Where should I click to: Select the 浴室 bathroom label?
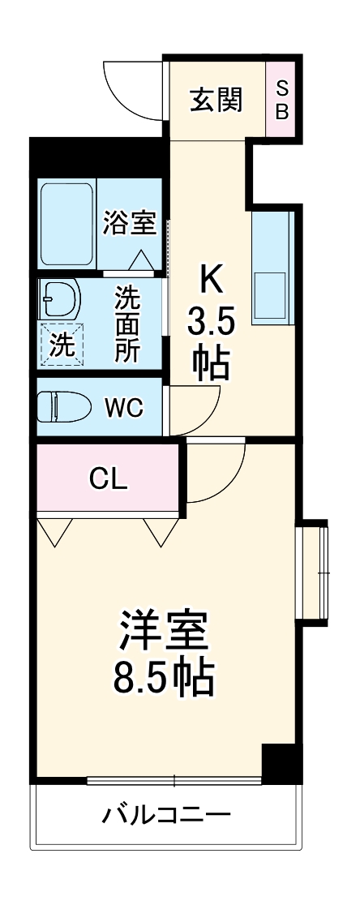click(129, 222)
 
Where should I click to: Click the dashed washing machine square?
click(62, 344)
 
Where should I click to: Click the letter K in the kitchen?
click(211, 280)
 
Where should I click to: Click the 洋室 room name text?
click(165, 629)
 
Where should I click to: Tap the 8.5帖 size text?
click(165, 677)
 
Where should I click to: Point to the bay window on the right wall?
click(313, 573)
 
